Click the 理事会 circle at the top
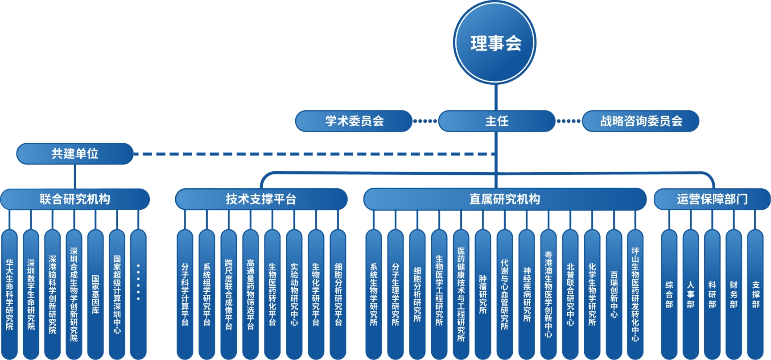[495, 42]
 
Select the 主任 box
[496, 121]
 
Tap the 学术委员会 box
[354, 121]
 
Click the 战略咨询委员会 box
[640, 121]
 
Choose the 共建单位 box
[75, 153]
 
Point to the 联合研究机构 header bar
[75, 199]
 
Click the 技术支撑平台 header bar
[261, 199]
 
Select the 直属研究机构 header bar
[504, 199]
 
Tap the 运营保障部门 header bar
[712, 199]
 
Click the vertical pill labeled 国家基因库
[95, 294]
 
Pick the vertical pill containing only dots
[138, 294]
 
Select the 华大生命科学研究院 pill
[9, 294]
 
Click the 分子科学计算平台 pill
[185, 294]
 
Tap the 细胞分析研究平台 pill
[338, 294]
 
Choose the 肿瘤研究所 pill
[482, 294]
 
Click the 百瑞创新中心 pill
[614, 294]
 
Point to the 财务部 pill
[734, 294]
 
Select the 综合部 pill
[669, 294]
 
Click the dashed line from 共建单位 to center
[312, 154]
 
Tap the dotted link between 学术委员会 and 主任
[425, 121]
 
